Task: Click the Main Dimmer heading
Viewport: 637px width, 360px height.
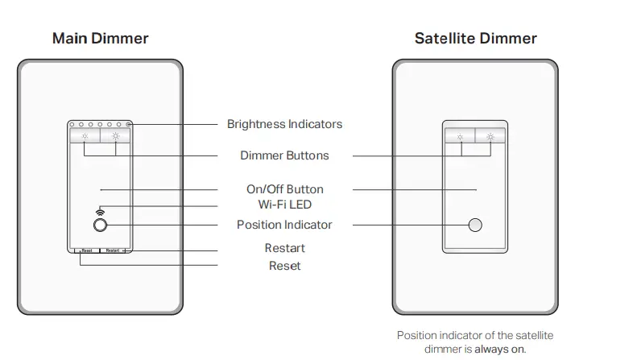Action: [100, 38]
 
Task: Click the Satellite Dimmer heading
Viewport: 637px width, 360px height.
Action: [475, 38]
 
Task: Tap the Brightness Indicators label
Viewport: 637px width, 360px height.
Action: [284, 124]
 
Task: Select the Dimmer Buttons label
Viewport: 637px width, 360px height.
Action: [284, 155]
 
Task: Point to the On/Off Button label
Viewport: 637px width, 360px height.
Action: [284, 189]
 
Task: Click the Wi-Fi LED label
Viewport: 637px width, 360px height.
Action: [284, 205]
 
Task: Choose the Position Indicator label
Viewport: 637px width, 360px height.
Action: [284, 225]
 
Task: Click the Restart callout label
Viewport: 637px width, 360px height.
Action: [284, 248]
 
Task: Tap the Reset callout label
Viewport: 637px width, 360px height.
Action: [284, 265]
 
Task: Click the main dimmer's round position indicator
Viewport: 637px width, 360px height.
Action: [100, 225]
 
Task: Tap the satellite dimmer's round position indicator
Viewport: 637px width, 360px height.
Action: [475, 225]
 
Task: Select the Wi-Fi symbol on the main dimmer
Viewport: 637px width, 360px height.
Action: [100, 209]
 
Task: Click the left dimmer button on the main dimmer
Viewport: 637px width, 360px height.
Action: [85, 136]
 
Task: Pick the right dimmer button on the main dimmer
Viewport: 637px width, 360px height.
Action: [115, 136]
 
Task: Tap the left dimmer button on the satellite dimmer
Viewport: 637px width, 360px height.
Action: [460, 136]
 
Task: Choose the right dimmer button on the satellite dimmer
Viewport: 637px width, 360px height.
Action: [490, 136]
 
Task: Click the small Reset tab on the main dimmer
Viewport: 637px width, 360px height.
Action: [86, 251]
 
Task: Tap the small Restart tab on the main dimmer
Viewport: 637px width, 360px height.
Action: [114, 251]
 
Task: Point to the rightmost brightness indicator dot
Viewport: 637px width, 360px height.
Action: [128, 125]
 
